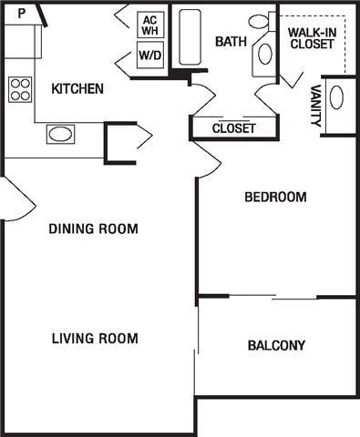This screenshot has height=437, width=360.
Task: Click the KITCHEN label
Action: [77, 88]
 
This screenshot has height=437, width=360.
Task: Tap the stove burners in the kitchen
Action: [20, 88]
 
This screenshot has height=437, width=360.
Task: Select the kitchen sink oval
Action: [60, 135]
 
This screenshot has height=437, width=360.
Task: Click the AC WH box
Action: [149, 25]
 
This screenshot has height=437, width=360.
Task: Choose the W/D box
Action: [149, 56]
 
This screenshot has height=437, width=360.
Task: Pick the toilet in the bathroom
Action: [259, 21]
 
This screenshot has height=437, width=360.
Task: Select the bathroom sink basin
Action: [265, 53]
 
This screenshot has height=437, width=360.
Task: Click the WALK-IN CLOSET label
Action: [312, 37]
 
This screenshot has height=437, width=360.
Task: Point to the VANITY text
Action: [314, 106]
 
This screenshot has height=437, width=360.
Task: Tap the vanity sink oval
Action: [336, 97]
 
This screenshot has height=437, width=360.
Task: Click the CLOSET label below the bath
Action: [233, 128]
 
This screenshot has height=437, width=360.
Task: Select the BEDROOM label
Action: [275, 197]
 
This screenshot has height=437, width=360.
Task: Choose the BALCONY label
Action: [276, 345]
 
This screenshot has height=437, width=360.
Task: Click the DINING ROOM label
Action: [94, 229]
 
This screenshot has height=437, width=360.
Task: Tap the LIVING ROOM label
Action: [95, 339]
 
